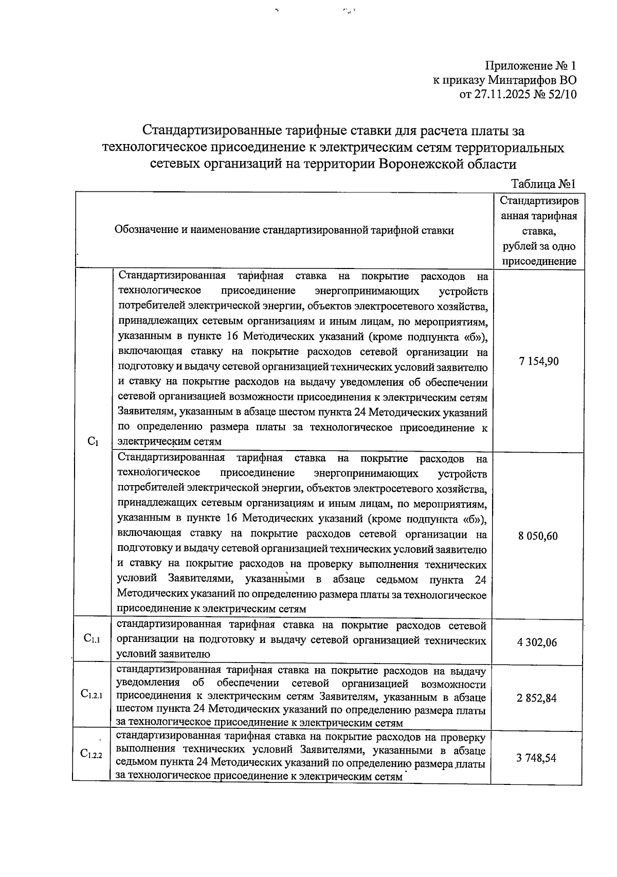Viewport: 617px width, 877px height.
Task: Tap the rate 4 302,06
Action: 537,642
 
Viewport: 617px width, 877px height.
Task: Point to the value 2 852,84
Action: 537,698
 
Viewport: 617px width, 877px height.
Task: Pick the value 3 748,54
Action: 537,758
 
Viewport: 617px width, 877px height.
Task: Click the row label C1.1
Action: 92,639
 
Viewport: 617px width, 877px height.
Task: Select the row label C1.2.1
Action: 92,694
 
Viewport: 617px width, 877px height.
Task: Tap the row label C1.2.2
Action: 92,754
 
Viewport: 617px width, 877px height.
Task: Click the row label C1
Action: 93,441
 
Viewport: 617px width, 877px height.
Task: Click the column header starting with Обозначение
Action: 284,230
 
